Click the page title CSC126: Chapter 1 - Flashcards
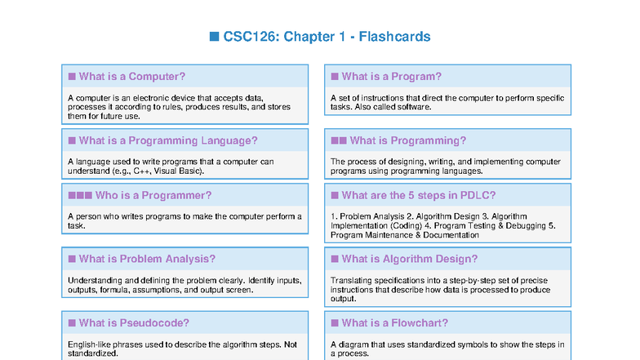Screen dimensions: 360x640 (x=327, y=37)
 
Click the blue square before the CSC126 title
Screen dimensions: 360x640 (x=215, y=37)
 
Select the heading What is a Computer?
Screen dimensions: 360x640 (x=131, y=77)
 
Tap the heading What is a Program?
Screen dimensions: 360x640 (x=391, y=77)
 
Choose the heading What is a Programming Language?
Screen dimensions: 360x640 (x=167, y=140)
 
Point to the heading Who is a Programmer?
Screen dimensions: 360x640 (x=153, y=195)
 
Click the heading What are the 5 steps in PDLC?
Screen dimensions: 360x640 (x=418, y=195)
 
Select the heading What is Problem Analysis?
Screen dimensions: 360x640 (x=147, y=259)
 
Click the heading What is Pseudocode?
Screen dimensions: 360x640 (x=134, y=322)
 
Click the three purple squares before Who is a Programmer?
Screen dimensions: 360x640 (x=79, y=195)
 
